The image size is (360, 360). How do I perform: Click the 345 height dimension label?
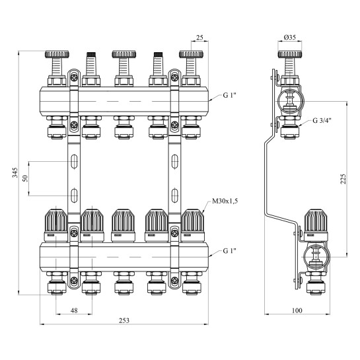15,172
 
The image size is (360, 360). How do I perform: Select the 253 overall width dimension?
124,320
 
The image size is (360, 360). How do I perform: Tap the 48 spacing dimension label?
74,310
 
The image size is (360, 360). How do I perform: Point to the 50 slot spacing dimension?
25,178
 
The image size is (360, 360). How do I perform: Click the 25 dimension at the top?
199,37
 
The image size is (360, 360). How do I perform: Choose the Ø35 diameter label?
290,37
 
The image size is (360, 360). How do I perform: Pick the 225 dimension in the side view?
343,179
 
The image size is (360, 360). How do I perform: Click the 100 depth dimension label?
297,310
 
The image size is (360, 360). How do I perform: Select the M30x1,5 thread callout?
225,201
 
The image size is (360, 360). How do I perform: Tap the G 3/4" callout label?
322,120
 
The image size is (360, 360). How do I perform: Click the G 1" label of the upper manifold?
230,95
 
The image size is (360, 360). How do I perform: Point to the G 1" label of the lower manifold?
230,251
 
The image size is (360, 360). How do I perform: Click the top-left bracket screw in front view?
74,77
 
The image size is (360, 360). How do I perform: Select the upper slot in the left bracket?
74,161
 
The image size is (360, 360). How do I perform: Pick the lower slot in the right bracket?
175,196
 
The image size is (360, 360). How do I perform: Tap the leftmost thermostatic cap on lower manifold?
55,225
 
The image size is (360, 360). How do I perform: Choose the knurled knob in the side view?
290,54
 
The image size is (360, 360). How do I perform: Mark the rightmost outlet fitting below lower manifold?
192,283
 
